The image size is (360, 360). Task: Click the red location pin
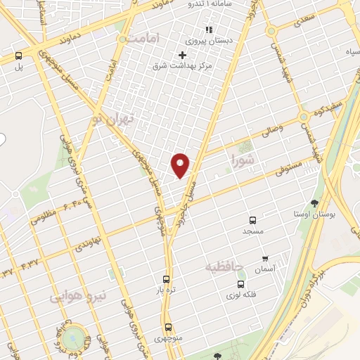click(181, 165)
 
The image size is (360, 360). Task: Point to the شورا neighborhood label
click(243, 162)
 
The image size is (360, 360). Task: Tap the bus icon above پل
click(18, 56)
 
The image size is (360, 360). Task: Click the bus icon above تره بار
click(166, 279)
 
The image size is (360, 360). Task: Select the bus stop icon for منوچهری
click(168, 327)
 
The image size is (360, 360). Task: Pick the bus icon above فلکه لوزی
click(241, 285)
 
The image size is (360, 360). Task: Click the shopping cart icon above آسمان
click(264, 258)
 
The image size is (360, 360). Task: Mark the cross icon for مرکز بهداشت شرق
click(182, 55)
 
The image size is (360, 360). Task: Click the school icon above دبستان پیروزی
click(208, 30)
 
